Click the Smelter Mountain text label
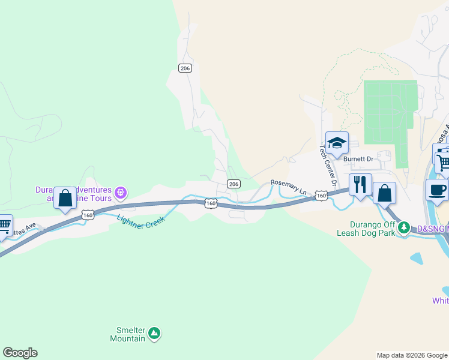(x=127, y=334)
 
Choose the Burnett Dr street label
(x=358, y=159)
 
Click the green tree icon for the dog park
(x=405, y=227)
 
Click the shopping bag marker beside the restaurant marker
(x=384, y=193)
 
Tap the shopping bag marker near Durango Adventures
(x=65, y=197)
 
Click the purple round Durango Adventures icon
(x=121, y=193)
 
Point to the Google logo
(x=20, y=353)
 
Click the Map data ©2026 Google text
(x=411, y=355)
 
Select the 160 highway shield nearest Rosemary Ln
(x=321, y=196)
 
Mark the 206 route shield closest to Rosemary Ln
(x=234, y=184)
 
